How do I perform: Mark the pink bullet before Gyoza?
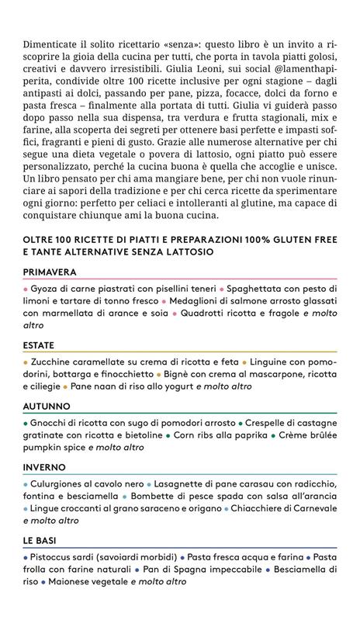point(26,288)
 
